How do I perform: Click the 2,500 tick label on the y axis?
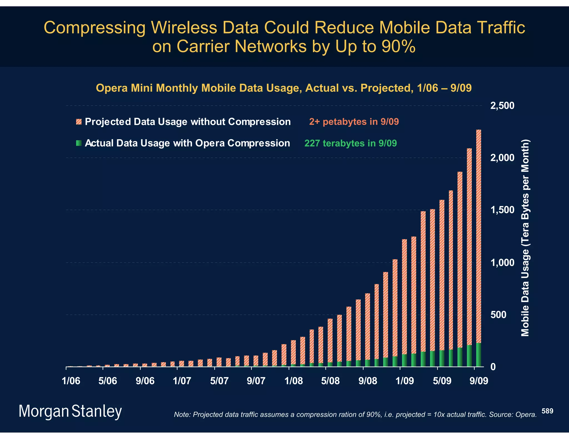click(502, 106)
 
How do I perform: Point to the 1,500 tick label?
click(502, 210)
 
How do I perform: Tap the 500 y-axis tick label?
click(498, 315)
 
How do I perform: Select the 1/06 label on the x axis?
click(71, 381)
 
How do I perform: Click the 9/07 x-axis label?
click(256, 381)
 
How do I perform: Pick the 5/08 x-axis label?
click(330, 381)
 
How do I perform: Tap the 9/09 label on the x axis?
click(479, 381)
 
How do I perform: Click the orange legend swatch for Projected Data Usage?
click(79, 122)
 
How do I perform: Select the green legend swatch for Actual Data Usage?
click(79, 143)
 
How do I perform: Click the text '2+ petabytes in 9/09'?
click(354, 122)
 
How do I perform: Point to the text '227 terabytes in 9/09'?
click(351, 143)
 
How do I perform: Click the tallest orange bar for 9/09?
click(478, 236)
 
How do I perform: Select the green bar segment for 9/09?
click(478, 355)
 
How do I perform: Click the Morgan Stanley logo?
click(70, 411)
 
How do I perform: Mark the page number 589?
click(547, 411)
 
